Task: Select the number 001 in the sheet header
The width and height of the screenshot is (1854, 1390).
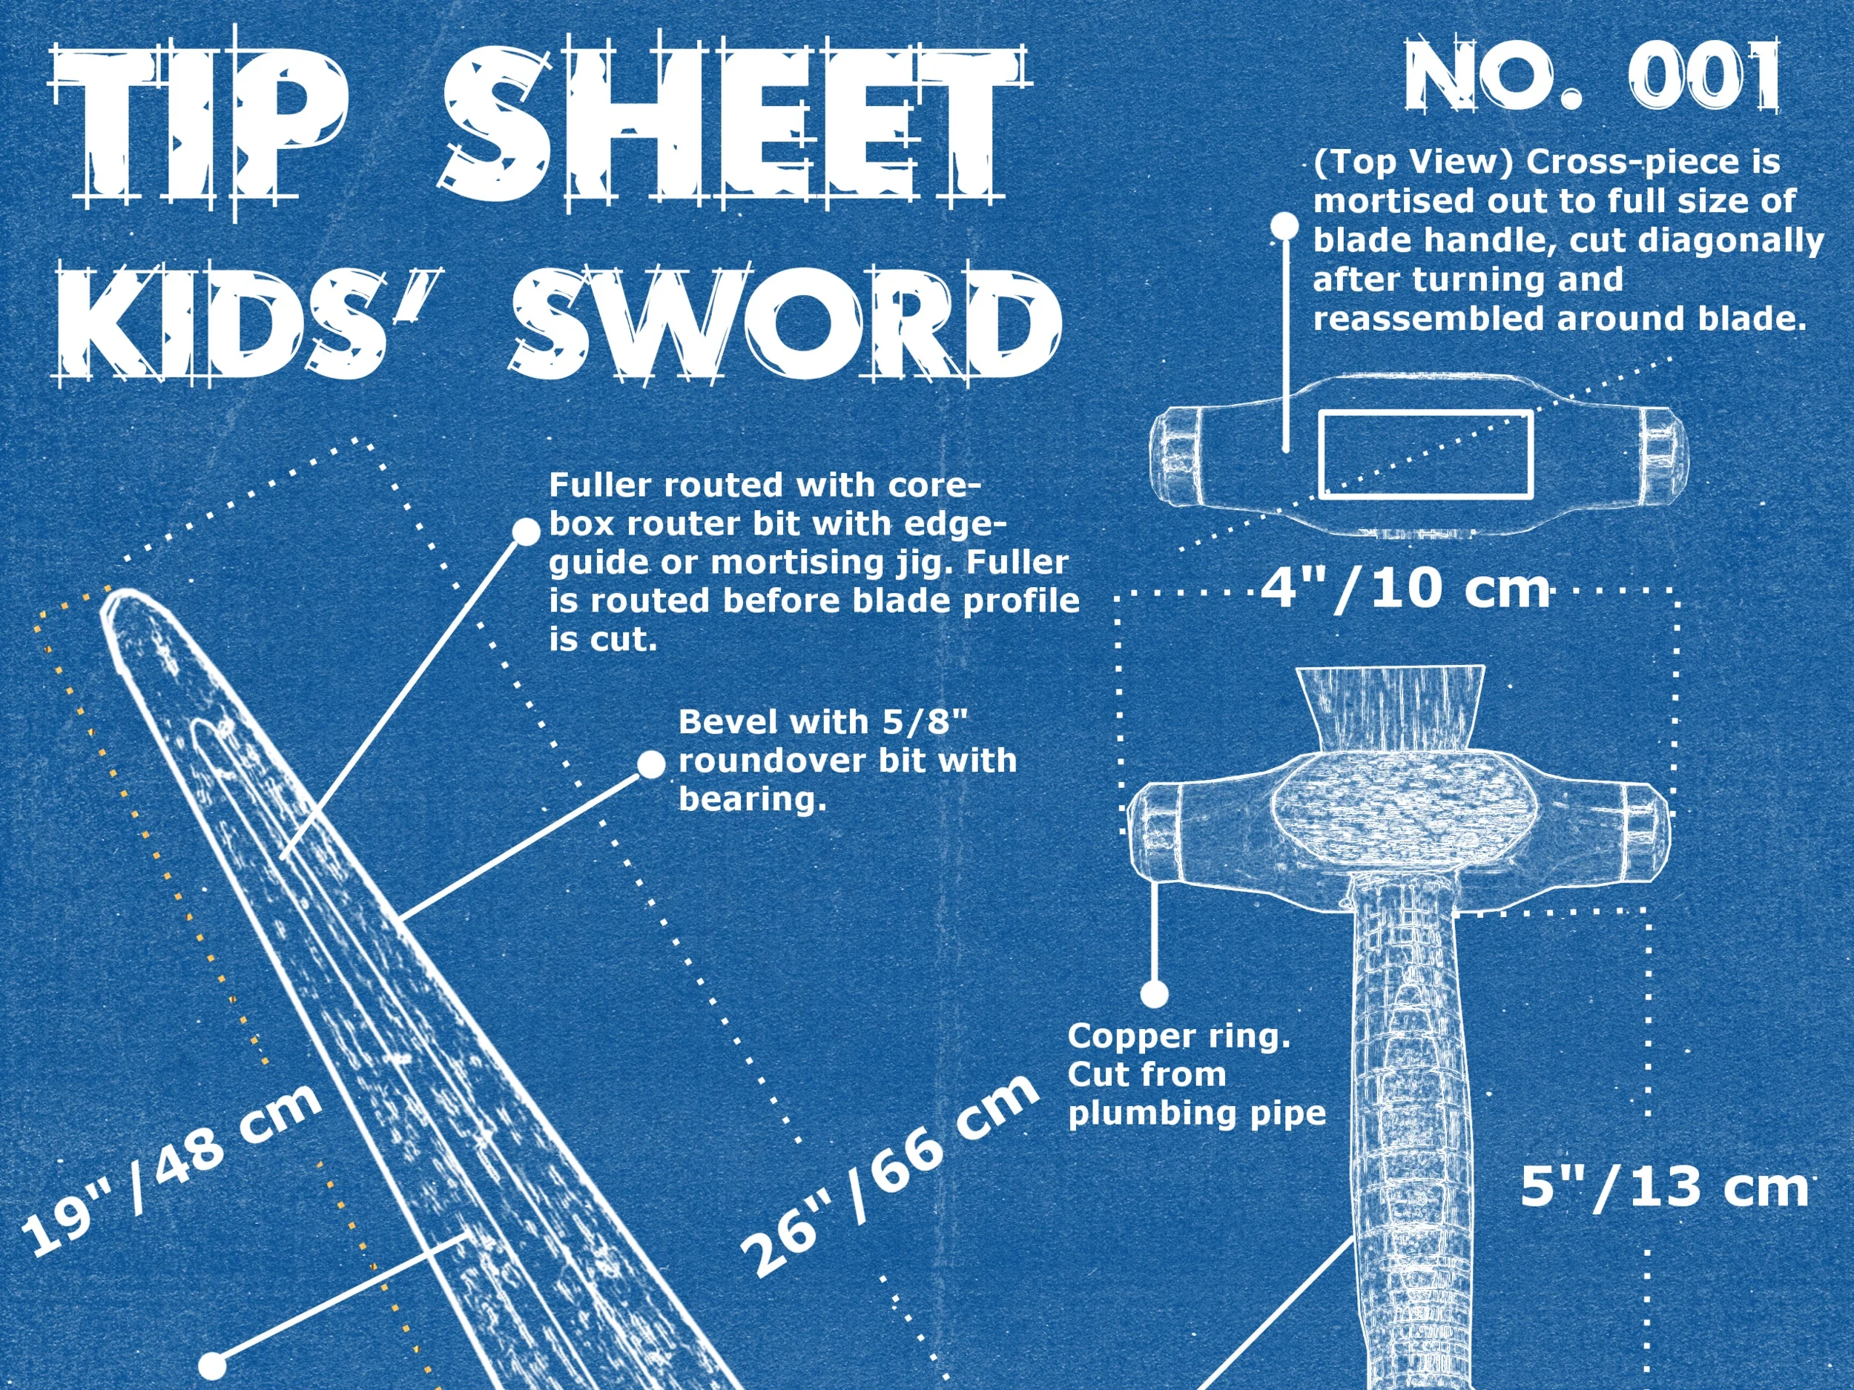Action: (x=1704, y=77)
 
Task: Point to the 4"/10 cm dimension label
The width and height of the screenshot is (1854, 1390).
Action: (x=1405, y=589)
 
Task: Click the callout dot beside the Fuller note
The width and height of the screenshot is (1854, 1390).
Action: (x=527, y=532)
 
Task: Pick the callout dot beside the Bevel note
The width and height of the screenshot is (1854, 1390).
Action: (x=651, y=764)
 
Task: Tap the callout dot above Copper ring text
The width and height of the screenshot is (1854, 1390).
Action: (x=1154, y=995)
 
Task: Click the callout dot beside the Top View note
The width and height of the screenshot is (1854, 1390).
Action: (x=1284, y=225)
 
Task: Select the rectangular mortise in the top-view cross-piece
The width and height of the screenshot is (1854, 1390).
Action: (x=1425, y=454)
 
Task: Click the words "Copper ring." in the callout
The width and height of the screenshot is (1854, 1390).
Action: (x=1178, y=1036)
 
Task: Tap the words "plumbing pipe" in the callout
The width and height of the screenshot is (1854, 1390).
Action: (x=1197, y=1113)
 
